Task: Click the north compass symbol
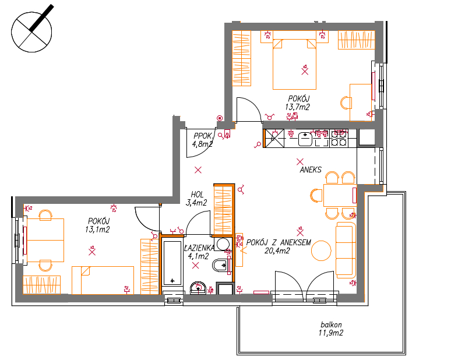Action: tap(31, 30)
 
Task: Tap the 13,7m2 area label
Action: tap(297, 107)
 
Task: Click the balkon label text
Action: tap(331, 325)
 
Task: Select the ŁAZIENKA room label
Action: tap(199, 248)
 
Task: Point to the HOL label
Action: tap(197, 195)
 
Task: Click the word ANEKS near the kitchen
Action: tap(311, 170)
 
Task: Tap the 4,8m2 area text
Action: tap(203, 144)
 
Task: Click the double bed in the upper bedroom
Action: tap(294, 64)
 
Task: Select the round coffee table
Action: tap(321, 250)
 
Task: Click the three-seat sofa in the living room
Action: tap(346, 250)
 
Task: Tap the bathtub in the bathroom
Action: tap(172, 263)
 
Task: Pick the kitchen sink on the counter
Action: tap(305, 139)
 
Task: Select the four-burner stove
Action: tap(339, 138)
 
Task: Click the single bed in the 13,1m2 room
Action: tap(103, 280)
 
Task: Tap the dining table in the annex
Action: tap(340, 195)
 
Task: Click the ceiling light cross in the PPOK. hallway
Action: tap(198, 170)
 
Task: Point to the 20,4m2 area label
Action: tap(277, 251)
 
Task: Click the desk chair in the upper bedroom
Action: tap(346, 103)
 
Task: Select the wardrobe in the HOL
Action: tap(223, 210)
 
